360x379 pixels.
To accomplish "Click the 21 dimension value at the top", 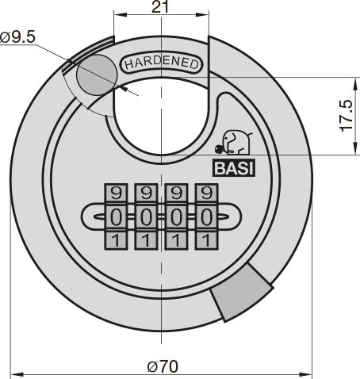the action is coord(160,7).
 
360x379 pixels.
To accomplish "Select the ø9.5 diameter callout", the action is coord(17,37).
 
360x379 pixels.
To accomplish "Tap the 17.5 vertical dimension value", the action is coord(346,116).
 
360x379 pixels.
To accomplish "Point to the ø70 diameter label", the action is coord(163,366).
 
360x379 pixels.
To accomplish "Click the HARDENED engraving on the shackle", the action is coord(162,63).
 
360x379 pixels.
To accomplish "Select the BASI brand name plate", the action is coord(234,168).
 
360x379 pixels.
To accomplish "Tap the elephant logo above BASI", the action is coord(233,143).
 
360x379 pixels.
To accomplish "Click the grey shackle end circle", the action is coord(97,75).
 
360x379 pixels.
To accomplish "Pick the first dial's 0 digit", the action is coord(116,217).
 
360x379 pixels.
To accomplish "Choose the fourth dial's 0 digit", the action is coord(206,217).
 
